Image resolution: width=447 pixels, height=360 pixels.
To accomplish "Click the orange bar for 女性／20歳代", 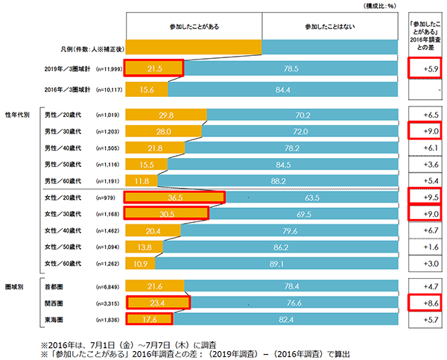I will [174, 197].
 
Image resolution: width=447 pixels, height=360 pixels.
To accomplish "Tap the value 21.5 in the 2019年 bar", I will [153, 68].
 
